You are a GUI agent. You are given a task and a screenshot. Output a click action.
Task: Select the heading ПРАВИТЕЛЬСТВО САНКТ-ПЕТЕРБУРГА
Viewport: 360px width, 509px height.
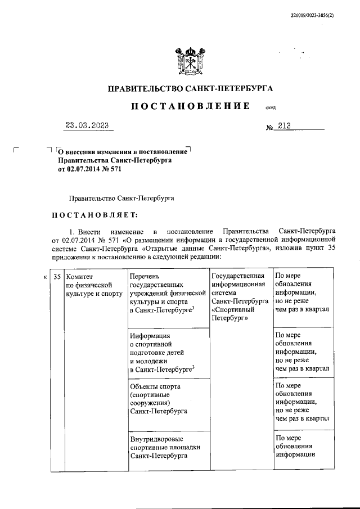coord(190,89)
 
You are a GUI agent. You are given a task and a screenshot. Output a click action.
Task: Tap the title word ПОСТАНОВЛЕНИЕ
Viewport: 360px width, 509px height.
coord(190,106)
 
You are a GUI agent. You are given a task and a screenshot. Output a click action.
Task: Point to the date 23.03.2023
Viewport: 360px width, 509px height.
coord(87,125)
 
